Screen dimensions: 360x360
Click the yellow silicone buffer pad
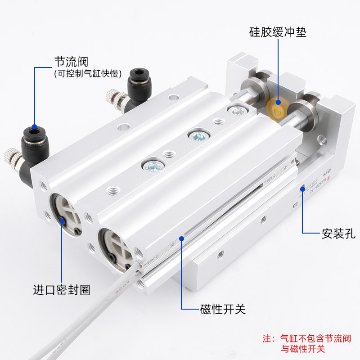pyautogui.click(x=276, y=108)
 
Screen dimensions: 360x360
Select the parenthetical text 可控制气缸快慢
pyautogui.click(x=88, y=73)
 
